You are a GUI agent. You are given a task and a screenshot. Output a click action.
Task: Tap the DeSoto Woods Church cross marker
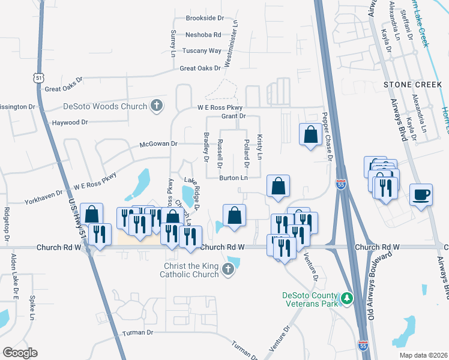click(x=157, y=106)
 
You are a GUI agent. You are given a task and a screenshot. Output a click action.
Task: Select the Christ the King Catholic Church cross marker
click(x=228, y=270)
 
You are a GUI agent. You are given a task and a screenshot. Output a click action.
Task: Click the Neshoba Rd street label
click(x=203, y=35)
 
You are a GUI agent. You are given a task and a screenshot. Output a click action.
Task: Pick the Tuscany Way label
click(x=203, y=51)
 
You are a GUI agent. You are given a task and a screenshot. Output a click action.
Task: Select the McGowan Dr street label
click(x=159, y=144)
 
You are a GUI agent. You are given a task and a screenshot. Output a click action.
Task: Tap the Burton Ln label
click(x=234, y=178)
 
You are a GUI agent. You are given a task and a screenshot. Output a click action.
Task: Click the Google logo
click(x=20, y=352)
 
